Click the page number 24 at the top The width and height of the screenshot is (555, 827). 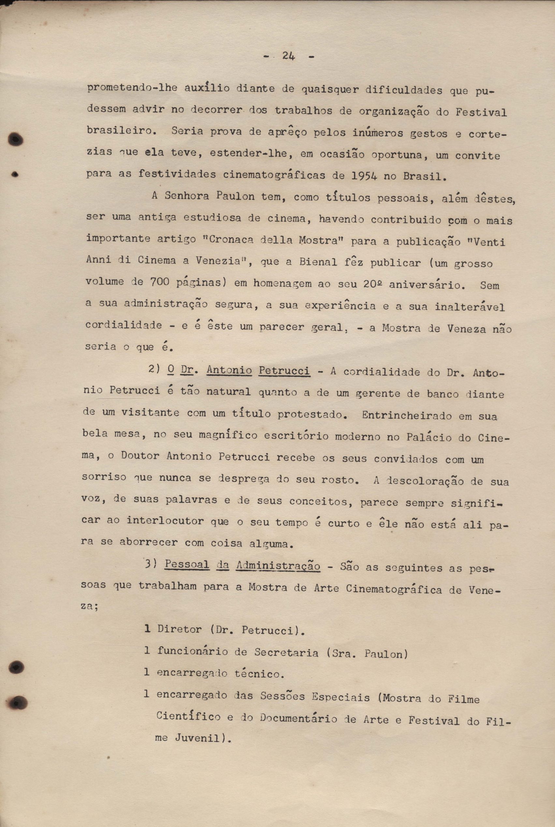click(x=289, y=56)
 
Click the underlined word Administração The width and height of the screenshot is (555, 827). click(x=278, y=566)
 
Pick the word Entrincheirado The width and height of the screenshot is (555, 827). click(x=406, y=415)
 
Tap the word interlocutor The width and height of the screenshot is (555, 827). click(x=165, y=521)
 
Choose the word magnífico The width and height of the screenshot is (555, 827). click(x=228, y=435)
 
